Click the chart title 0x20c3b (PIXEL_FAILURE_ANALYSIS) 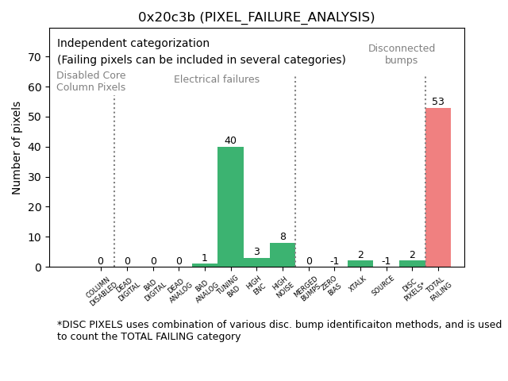click(256, 17)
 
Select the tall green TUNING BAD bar click(230, 206)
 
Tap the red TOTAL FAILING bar click(437, 187)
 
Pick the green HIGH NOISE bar click(283, 255)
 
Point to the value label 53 click(437, 102)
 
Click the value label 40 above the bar click(230, 140)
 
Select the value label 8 click(283, 237)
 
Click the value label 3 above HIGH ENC click(256, 252)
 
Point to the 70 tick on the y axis click(36, 57)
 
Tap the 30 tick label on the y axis click(36, 177)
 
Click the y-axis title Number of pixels click(17, 148)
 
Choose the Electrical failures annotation click(217, 79)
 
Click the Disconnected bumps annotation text click(402, 54)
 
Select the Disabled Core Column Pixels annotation click(90, 81)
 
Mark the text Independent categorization click(133, 44)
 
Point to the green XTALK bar click(360, 264)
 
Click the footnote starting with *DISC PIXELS click(278, 330)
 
